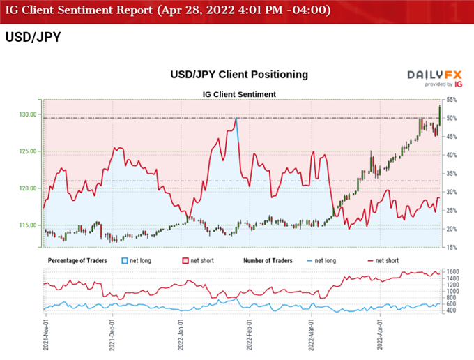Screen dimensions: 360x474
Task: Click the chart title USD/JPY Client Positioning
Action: pos(238,74)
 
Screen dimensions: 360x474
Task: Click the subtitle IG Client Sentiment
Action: pos(240,93)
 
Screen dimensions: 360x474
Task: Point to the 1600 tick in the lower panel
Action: pos(452,271)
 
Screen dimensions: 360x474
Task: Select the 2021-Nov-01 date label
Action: pos(45,335)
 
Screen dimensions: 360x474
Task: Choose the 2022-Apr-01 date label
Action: pos(381,335)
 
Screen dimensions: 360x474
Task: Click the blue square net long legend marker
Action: pos(125,260)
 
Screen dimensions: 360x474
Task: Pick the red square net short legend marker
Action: pos(185,260)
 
